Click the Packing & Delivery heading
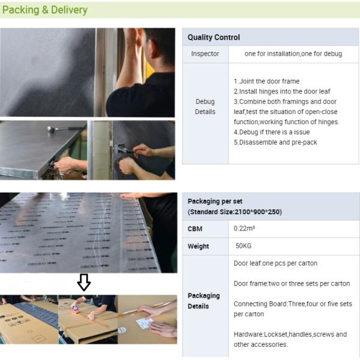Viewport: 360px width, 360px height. (45, 10)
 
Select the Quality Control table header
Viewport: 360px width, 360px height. (214, 37)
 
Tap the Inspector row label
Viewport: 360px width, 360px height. (205, 54)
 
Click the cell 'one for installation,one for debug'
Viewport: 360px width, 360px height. (293, 54)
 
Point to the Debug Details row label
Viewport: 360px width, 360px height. (205, 107)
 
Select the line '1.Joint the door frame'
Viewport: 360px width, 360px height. (266, 81)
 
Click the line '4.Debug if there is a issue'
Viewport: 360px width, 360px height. (272, 132)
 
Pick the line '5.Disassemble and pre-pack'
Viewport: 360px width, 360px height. (275, 142)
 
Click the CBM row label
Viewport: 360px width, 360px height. (195, 229)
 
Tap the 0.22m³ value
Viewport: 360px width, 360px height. (244, 229)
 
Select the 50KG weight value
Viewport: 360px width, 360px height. (244, 246)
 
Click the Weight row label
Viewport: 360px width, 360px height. (199, 246)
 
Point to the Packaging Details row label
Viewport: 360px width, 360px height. (203, 301)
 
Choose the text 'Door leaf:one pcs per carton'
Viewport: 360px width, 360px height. (275, 263)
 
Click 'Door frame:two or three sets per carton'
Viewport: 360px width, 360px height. (292, 284)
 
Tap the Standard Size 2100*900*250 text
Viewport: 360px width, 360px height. (235, 212)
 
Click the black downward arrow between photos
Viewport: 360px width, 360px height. (84, 282)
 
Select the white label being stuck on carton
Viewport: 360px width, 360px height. (144, 323)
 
